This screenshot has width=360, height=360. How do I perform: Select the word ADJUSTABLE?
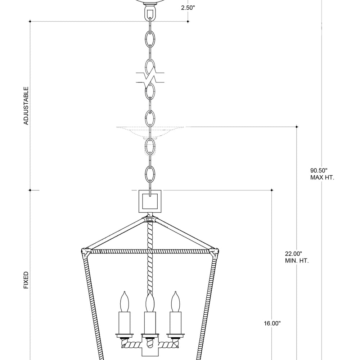pyautogui.click(x=26, y=105)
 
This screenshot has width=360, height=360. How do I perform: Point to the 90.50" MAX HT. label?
pyautogui.click(x=322, y=174)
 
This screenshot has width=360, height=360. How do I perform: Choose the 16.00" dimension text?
pyautogui.click(x=272, y=323)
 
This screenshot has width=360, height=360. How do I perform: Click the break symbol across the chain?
pyautogui.click(x=150, y=76)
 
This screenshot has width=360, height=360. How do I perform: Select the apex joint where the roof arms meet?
pyautogui.click(x=150, y=219)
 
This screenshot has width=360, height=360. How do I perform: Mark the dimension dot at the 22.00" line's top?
pyautogui.click(x=297, y=127)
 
